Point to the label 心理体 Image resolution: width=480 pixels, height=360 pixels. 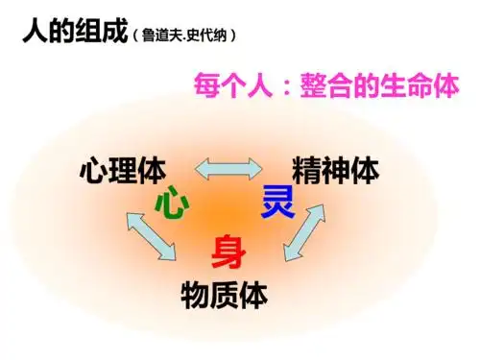pos(122,173)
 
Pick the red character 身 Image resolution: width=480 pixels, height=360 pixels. pos(229,252)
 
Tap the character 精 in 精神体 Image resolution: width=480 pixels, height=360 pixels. pos(296,173)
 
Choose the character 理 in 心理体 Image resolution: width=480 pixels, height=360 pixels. pos(122,173)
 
